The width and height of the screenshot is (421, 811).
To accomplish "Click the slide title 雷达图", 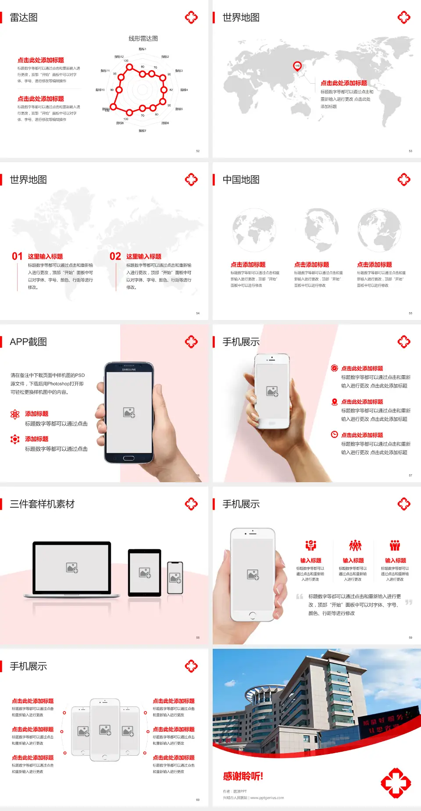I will (x=24, y=18).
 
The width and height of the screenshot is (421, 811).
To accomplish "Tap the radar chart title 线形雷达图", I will (x=143, y=39).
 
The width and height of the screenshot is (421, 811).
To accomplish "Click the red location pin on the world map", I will (x=297, y=66).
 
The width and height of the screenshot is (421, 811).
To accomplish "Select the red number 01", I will (x=17, y=256).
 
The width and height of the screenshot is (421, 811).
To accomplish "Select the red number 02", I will (x=115, y=256).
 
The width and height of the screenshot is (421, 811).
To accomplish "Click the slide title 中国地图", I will (x=241, y=180).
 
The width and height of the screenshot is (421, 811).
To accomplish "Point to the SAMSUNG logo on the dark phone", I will (x=129, y=370).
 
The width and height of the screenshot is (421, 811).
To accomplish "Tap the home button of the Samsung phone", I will (x=128, y=458).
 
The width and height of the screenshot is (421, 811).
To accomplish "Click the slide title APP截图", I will (x=29, y=342).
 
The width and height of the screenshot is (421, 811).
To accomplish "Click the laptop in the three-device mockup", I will (x=72, y=569).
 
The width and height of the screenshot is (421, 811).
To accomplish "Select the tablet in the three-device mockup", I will (x=145, y=573).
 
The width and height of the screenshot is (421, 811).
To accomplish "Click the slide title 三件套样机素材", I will (x=42, y=504).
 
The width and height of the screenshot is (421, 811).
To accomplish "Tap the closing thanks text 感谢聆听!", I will (x=243, y=776).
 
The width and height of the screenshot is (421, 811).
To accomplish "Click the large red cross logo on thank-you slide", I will (x=396, y=783).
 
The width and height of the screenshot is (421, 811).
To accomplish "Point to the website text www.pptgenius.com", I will (x=267, y=798).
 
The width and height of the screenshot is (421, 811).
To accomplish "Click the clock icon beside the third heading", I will (x=334, y=434).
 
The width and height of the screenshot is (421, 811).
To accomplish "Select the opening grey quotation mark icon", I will (x=300, y=596).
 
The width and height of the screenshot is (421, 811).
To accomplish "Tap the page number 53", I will (x=410, y=151).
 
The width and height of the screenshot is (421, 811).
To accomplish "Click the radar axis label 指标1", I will (x=143, y=49).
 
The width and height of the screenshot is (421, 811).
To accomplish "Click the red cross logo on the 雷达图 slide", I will (x=191, y=18).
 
